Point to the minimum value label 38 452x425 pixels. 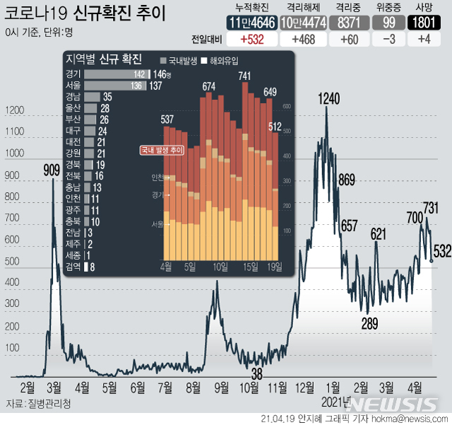tap(257, 373)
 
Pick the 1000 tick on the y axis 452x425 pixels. tap(14, 153)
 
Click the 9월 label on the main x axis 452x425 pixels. tap(222, 388)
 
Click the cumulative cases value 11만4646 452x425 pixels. tap(251, 23)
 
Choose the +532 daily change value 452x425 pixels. tap(250, 39)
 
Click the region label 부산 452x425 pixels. tap(72, 120)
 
